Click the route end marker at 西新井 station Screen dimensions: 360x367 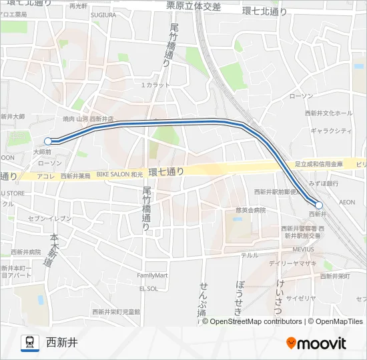point(319,205)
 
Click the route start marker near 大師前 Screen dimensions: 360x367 point(48,141)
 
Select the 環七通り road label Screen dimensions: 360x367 point(166,172)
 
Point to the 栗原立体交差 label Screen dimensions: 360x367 point(194,7)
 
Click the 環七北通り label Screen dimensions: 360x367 point(265,11)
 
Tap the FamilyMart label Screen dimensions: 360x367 point(152,275)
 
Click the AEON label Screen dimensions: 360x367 point(347,201)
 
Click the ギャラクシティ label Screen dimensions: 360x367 point(331,131)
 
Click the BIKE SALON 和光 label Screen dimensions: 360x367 point(120,175)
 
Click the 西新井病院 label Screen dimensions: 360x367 point(25,252)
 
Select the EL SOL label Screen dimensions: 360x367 point(148,289)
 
